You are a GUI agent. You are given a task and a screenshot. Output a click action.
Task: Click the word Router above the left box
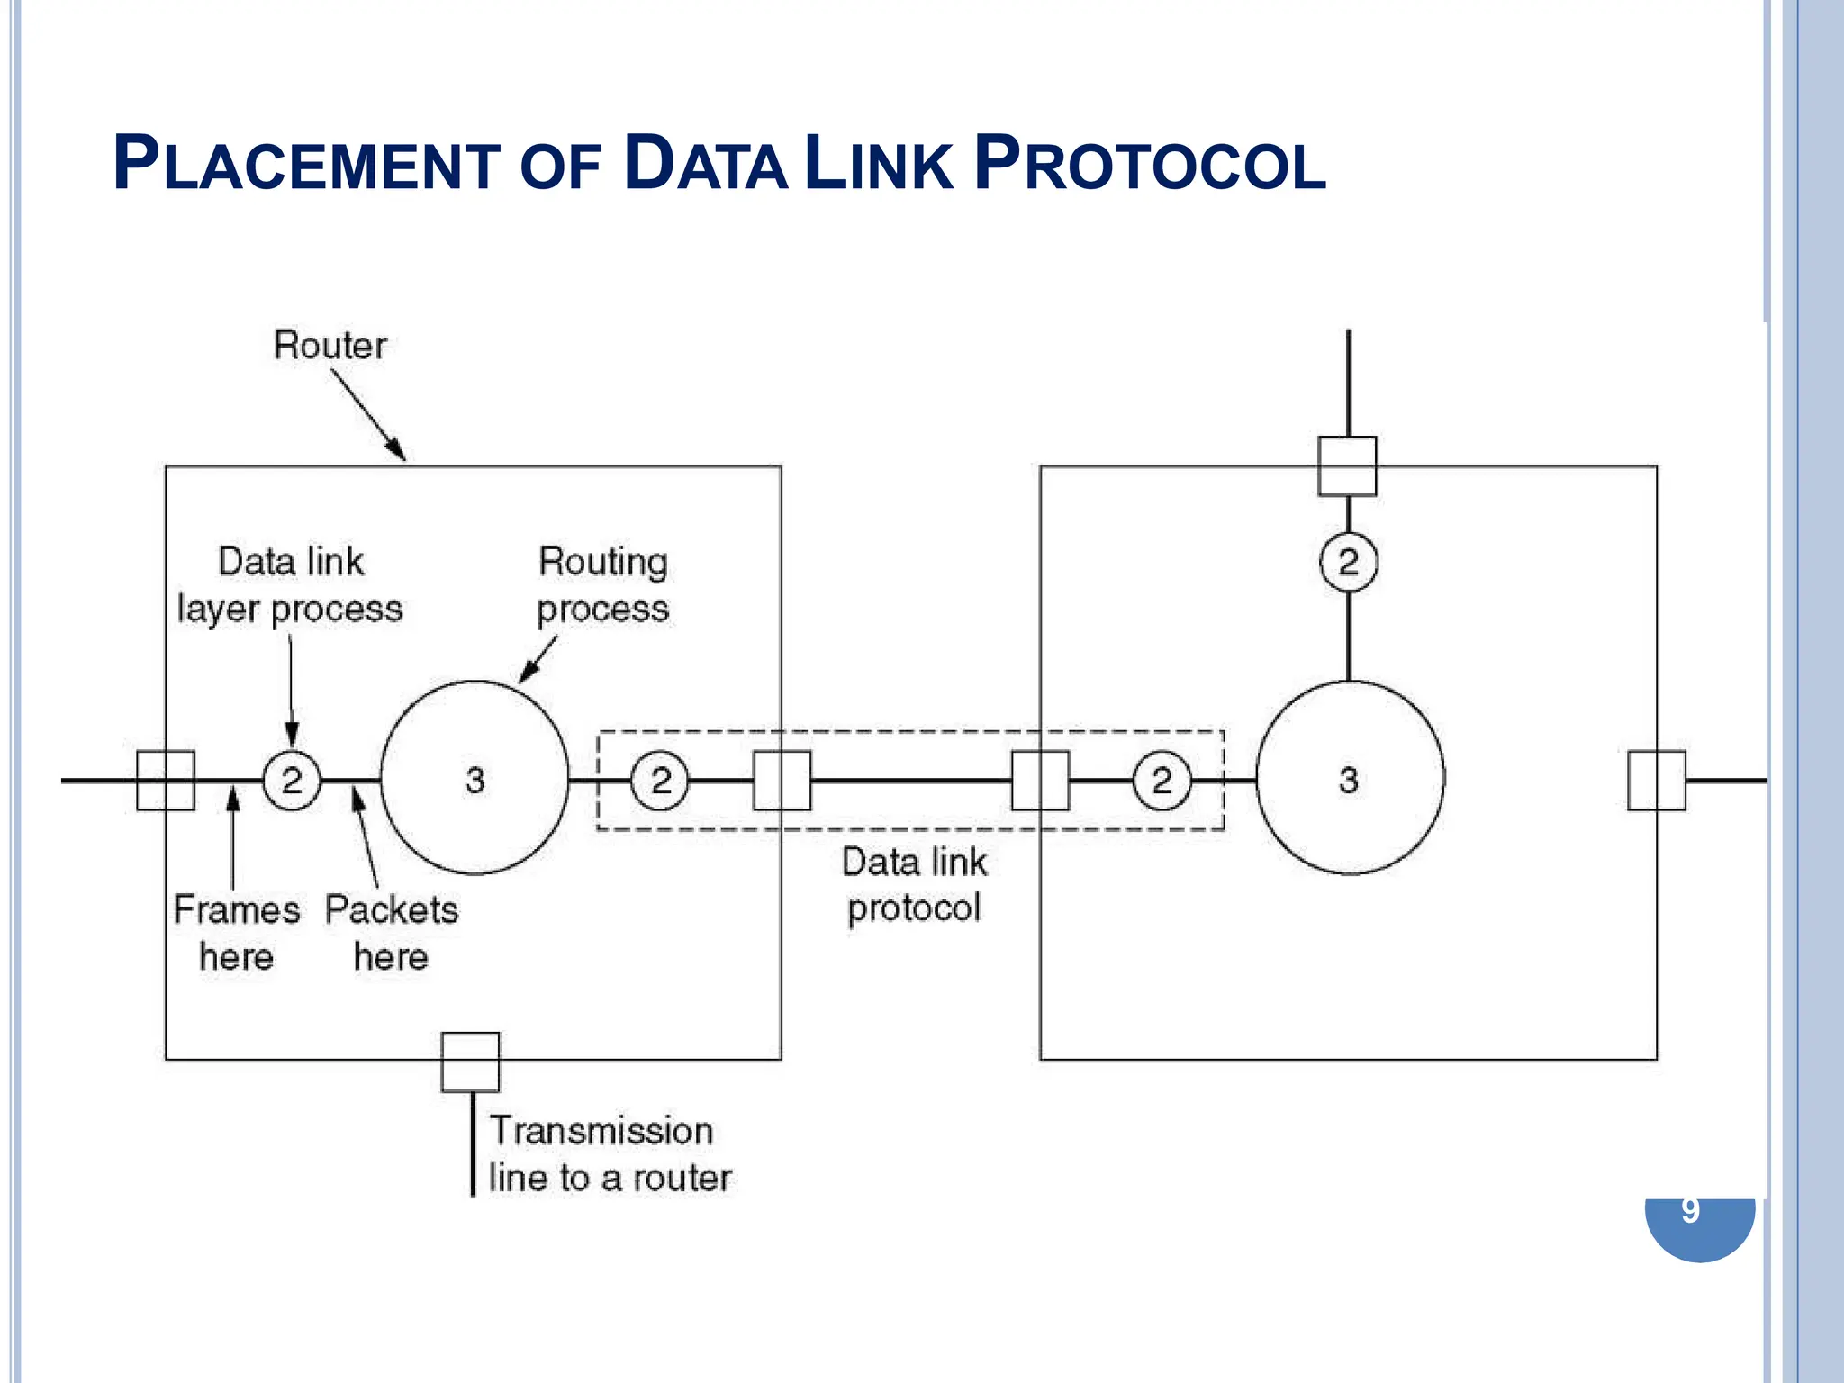tap(330, 346)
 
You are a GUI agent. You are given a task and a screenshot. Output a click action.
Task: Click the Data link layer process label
tap(290, 585)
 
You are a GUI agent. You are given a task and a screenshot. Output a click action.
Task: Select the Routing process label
tap(602, 585)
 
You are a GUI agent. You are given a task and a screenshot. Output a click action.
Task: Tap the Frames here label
tap(236, 933)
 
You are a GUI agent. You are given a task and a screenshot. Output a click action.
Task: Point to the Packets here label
tap(391, 933)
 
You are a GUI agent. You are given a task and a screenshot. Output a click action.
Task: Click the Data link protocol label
tap(914, 885)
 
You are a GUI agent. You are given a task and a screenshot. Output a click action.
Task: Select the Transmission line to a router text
tap(610, 1154)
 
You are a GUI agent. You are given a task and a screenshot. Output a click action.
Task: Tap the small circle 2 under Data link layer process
tap(292, 780)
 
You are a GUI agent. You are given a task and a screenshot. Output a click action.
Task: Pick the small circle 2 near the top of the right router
tap(1348, 563)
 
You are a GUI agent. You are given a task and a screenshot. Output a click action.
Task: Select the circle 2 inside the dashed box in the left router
tap(660, 780)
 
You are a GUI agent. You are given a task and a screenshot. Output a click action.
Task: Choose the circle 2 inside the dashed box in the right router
tap(1162, 780)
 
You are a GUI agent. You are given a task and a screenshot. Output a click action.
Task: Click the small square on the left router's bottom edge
tap(470, 1062)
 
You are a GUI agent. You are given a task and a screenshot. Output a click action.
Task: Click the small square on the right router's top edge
tap(1347, 466)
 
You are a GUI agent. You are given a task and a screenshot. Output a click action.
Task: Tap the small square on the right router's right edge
tap(1657, 781)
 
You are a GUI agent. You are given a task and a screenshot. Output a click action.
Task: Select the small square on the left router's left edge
tap(166, 781)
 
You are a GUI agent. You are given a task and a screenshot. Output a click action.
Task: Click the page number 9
tap(1690, 1211)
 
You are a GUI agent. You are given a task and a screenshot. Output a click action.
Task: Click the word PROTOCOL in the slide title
tap(1150, 165)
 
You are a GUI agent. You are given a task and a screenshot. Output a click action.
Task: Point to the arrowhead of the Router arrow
tap(399, 453)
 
